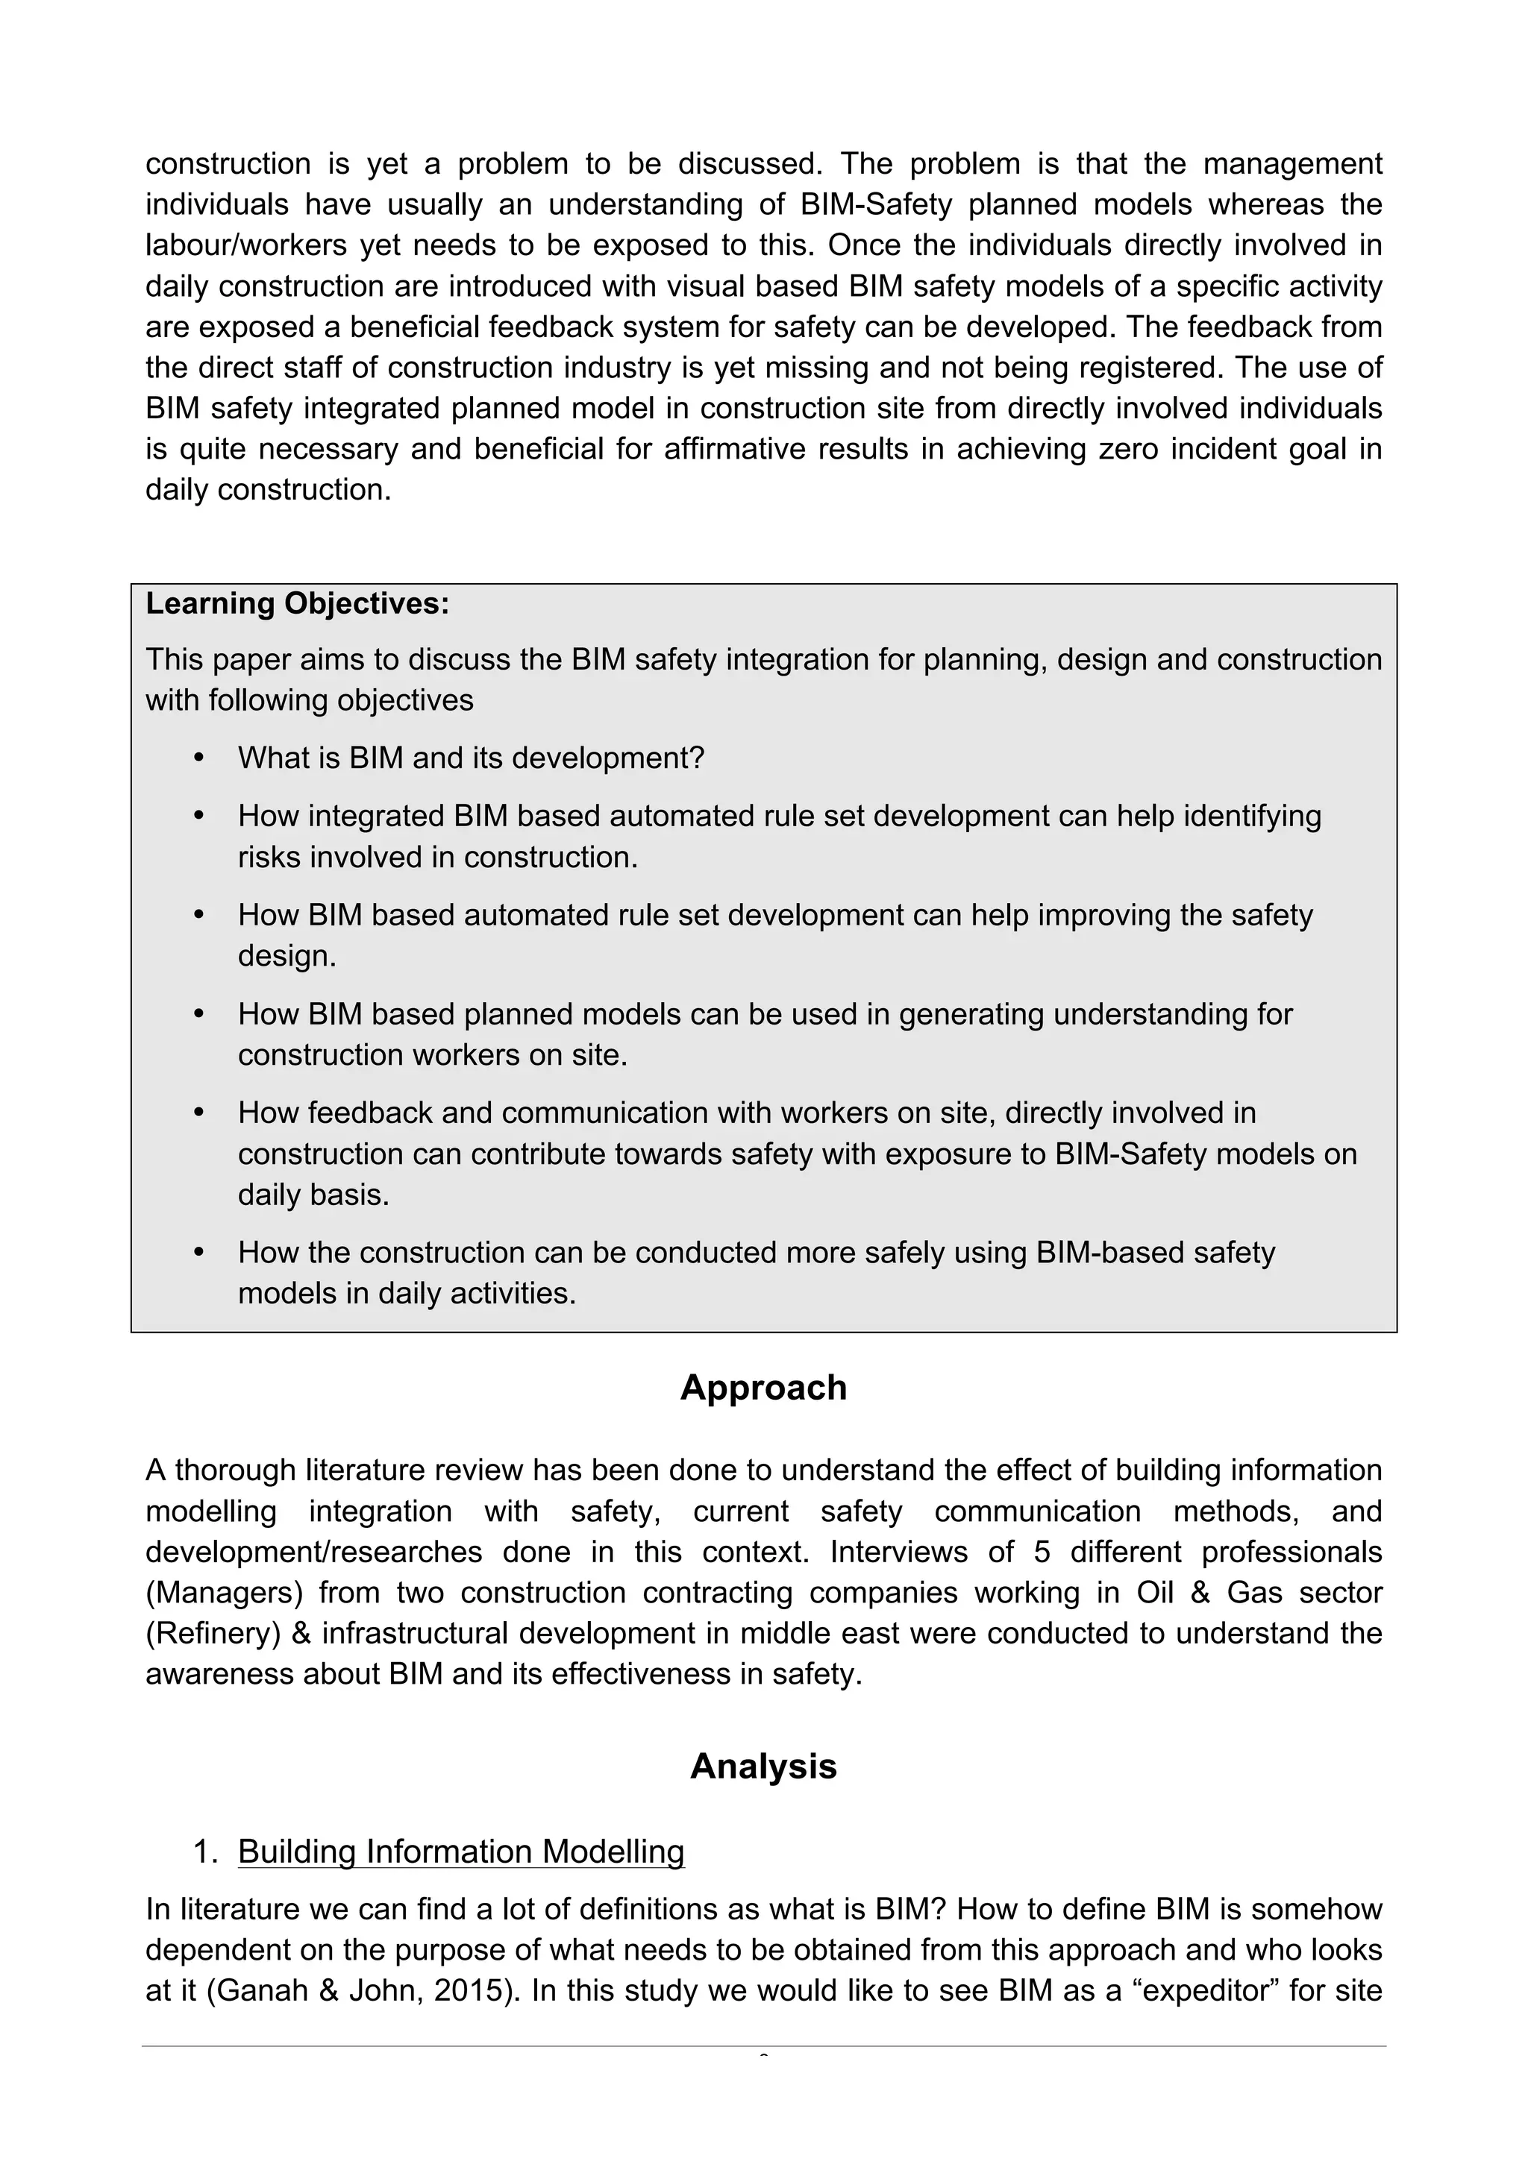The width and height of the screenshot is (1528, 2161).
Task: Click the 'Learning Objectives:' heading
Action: (x=298, y=603)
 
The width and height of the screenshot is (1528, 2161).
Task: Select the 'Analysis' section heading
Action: (x=763, y=1767)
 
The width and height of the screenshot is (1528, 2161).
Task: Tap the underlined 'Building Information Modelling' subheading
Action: (x=461, y=1852)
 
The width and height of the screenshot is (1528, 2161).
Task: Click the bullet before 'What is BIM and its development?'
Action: (x=198, y=758)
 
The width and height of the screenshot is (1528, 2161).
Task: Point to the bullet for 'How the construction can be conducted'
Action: (x=198, y=1253)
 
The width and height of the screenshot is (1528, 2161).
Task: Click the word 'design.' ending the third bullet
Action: (x=287, y=956)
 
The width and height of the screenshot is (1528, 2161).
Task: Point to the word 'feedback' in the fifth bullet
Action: (x=367, y=1113)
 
